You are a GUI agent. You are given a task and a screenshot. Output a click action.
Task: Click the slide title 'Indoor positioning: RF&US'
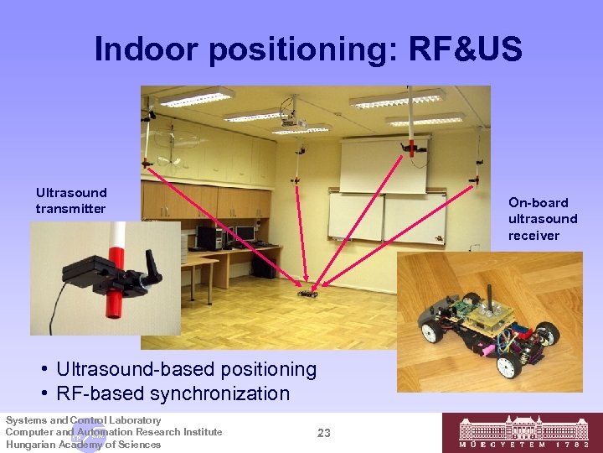click(308, 49)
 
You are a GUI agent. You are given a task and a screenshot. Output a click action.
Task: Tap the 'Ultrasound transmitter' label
click(71, 200)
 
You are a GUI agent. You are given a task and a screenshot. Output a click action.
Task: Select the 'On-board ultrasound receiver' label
click(542, 219)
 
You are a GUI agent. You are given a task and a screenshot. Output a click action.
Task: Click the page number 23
click(324, 433)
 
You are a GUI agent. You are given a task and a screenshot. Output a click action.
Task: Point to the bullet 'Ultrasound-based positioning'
click(186, 369)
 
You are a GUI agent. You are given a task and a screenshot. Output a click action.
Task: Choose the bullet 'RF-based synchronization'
click(173, 393)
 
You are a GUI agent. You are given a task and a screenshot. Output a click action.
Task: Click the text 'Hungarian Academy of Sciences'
click(83, 445)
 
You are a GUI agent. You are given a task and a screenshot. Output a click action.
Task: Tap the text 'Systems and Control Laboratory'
click(83, 420)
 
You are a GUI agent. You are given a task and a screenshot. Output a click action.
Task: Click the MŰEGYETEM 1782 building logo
click(522, 433)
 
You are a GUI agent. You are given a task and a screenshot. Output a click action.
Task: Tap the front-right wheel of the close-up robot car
click(508, 366)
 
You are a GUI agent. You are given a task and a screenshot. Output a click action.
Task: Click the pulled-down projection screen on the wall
click(383, 164)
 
